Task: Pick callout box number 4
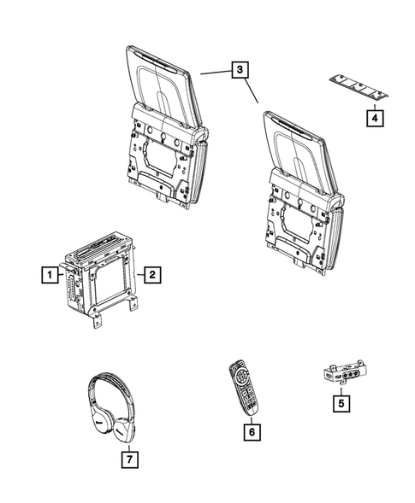point(375,120)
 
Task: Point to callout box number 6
point(251,434)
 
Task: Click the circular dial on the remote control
point(239,377)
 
